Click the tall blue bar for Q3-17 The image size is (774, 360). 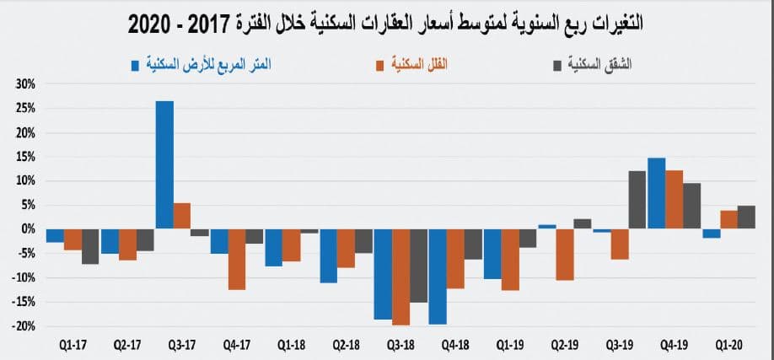[164, 165]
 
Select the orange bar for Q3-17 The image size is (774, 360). [182, 216]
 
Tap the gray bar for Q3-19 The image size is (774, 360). [637, 200]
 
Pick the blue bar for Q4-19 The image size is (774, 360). [657, 193]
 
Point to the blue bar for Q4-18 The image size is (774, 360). [438, 277]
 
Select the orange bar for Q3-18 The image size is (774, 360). [400, 277]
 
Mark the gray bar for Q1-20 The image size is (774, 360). [746, 217]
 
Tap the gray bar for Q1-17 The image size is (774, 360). [90, 246]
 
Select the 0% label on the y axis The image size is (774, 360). [27, 229]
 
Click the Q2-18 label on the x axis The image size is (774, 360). [346, 344]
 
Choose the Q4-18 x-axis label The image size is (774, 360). [455, 344]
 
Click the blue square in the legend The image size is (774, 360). [135, 63]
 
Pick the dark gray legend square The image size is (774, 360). [553, 63]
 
